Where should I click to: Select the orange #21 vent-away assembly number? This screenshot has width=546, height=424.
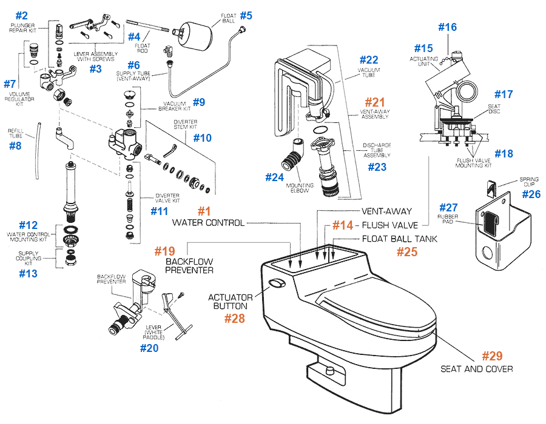coord(374,104)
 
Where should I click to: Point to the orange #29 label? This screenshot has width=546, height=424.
coord(492,356)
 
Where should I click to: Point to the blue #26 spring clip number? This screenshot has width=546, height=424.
coord(532,194)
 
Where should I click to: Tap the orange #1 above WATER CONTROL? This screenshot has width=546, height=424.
coord(204,211)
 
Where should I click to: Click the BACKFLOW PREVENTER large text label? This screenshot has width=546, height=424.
coord(189,265)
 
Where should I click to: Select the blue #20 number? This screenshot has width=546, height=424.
coord(149,348)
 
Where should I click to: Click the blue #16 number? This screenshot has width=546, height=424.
coord(447,27)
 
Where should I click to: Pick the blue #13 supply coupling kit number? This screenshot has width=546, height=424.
coord(28,273)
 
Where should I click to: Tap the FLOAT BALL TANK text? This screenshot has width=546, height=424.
coord(399,239)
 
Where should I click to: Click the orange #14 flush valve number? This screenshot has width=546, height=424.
coord(342,225)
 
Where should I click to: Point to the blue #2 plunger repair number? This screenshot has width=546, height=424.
coord(21,15)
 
